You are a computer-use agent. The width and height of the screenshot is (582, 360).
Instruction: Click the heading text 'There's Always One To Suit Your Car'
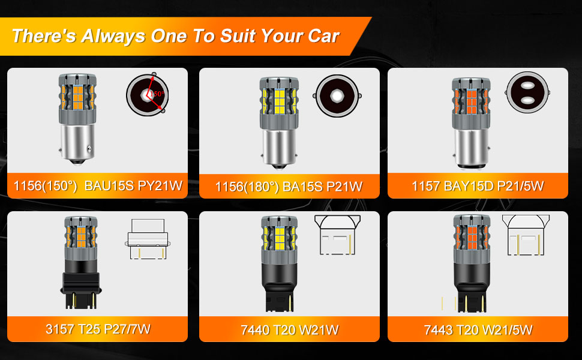pyautogui.click(x=175, y=35)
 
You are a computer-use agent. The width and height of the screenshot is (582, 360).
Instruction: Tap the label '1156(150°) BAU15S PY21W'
pyautogui.click(x=98, y=185)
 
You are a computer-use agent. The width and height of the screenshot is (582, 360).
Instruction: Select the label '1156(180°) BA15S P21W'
pyautogui.click(x=289, y=187)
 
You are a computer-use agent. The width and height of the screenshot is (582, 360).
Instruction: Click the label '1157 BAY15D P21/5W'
pyautogui.click(x=478, y=186)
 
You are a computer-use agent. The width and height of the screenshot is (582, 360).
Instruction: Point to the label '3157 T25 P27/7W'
pyautogui.click(x=98, y=329)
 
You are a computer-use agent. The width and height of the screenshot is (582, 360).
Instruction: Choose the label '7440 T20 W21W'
pyautogui.click(x=289, y=329)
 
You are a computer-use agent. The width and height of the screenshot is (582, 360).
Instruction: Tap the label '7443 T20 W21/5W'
pyautogui.click(x=478, y=329)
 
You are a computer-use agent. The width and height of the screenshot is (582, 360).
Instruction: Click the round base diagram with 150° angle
pyautogui.click(x=146, y=95)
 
